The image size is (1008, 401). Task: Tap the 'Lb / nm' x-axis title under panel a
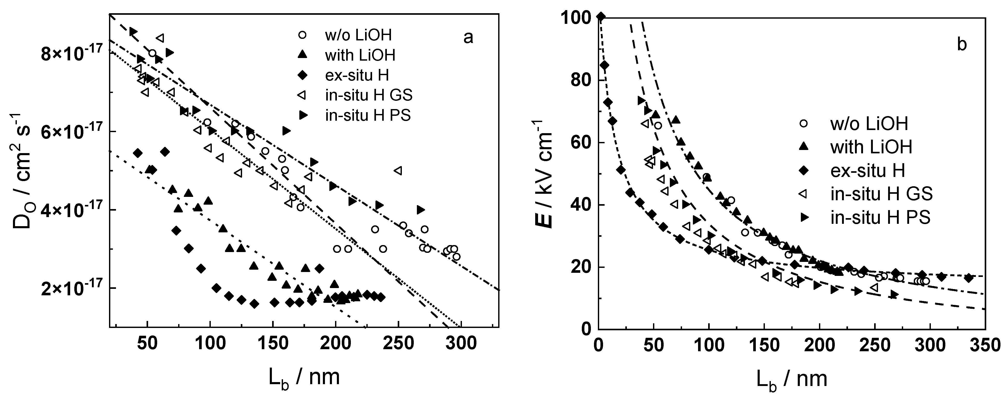[304, 377]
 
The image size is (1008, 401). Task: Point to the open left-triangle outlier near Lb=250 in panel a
[398, 171]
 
